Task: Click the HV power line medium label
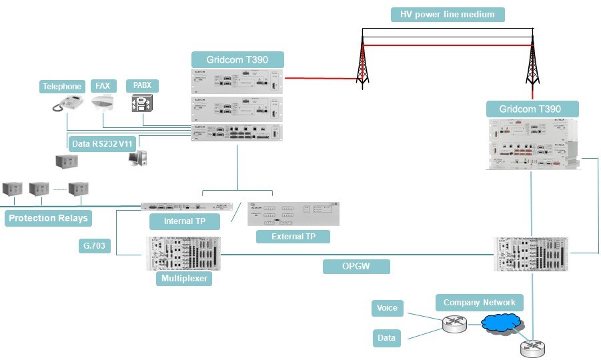pyautogui.click(x=448, y=14)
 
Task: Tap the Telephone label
pyautogui.click(x=63, y=86)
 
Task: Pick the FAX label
pyautogui.click(x=103, y=85)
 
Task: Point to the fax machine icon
pyautogui.click(x=106, y=103)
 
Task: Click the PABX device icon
pyautogui.click(x=143, y=104)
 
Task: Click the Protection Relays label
pyautogui.click(x=48, y=218)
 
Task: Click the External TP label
pyautogui.click(x=293, y=236)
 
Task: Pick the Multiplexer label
pyautogui.click(x=184, y=279)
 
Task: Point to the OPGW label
pyautogui.click(x=356, y=267)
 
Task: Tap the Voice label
pyautogui.click(x=387, y=307)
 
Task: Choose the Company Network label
pyautogui.click(x=480, y=303)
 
